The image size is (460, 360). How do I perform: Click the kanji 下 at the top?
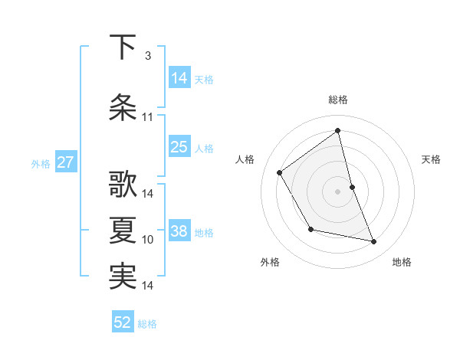pyautogui.click(x=123, y=47)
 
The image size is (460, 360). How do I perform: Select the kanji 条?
pyautogui.click(x=123, y=107)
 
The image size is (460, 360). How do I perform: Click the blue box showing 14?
pyautogui.click(x=179, y=77)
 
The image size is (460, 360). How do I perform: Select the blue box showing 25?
pyautogui.click(x=179, y=147)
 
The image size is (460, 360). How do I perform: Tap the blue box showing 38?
pyautogui.click(x=179, y=231)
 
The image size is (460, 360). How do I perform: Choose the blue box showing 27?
pyautogui.click(x=66, y=162)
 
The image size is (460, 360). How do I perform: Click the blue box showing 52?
pyautogui.click(x=123, y=322)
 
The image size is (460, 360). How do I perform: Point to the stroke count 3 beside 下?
pyautogui.click(x=147, y=56)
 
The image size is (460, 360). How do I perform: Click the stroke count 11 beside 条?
pyautogui.click(x=147, y=117)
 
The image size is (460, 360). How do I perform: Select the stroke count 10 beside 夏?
pyautogui.click(x=148, y=240)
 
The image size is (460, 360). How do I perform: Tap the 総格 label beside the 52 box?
pyautogui.click(x=147, y=324)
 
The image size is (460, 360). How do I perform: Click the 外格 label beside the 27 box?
pyautogui.click(x=41, y=163)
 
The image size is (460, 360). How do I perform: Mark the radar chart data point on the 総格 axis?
pyautogui.click(x=337, y=131)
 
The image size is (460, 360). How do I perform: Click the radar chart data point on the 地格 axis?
pyautogui.click(x=374, y=241)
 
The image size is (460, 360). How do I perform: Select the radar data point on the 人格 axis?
pyautogui.click(x=280, y=172)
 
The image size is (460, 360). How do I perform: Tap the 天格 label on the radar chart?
pyautogui.click(x=431, y=159)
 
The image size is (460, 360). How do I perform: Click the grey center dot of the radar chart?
pyautogui.click(x=337, y=191)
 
